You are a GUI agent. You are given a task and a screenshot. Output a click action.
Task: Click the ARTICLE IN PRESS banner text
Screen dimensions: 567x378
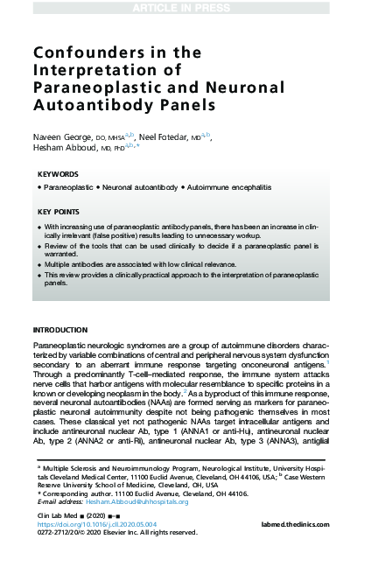click(188, 7)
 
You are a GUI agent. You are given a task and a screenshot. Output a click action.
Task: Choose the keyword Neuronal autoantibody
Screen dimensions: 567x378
click(141, 188)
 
